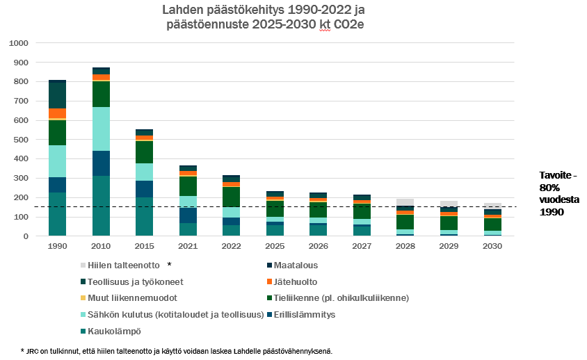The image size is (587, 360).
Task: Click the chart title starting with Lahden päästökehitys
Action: click(264, 18)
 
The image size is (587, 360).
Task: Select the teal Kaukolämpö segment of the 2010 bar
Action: click(101, 206)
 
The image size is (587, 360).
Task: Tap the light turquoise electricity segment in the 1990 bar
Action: click(58, 161)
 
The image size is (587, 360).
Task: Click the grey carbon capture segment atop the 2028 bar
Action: click(405, 202)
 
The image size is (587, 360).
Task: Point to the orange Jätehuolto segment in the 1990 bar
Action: click(58, 113)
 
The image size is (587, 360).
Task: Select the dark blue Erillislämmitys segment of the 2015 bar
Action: click(144, 189)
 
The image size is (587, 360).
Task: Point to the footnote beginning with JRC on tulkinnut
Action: click(177, 351)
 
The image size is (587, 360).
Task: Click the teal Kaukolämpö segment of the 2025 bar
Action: click(274, 230)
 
